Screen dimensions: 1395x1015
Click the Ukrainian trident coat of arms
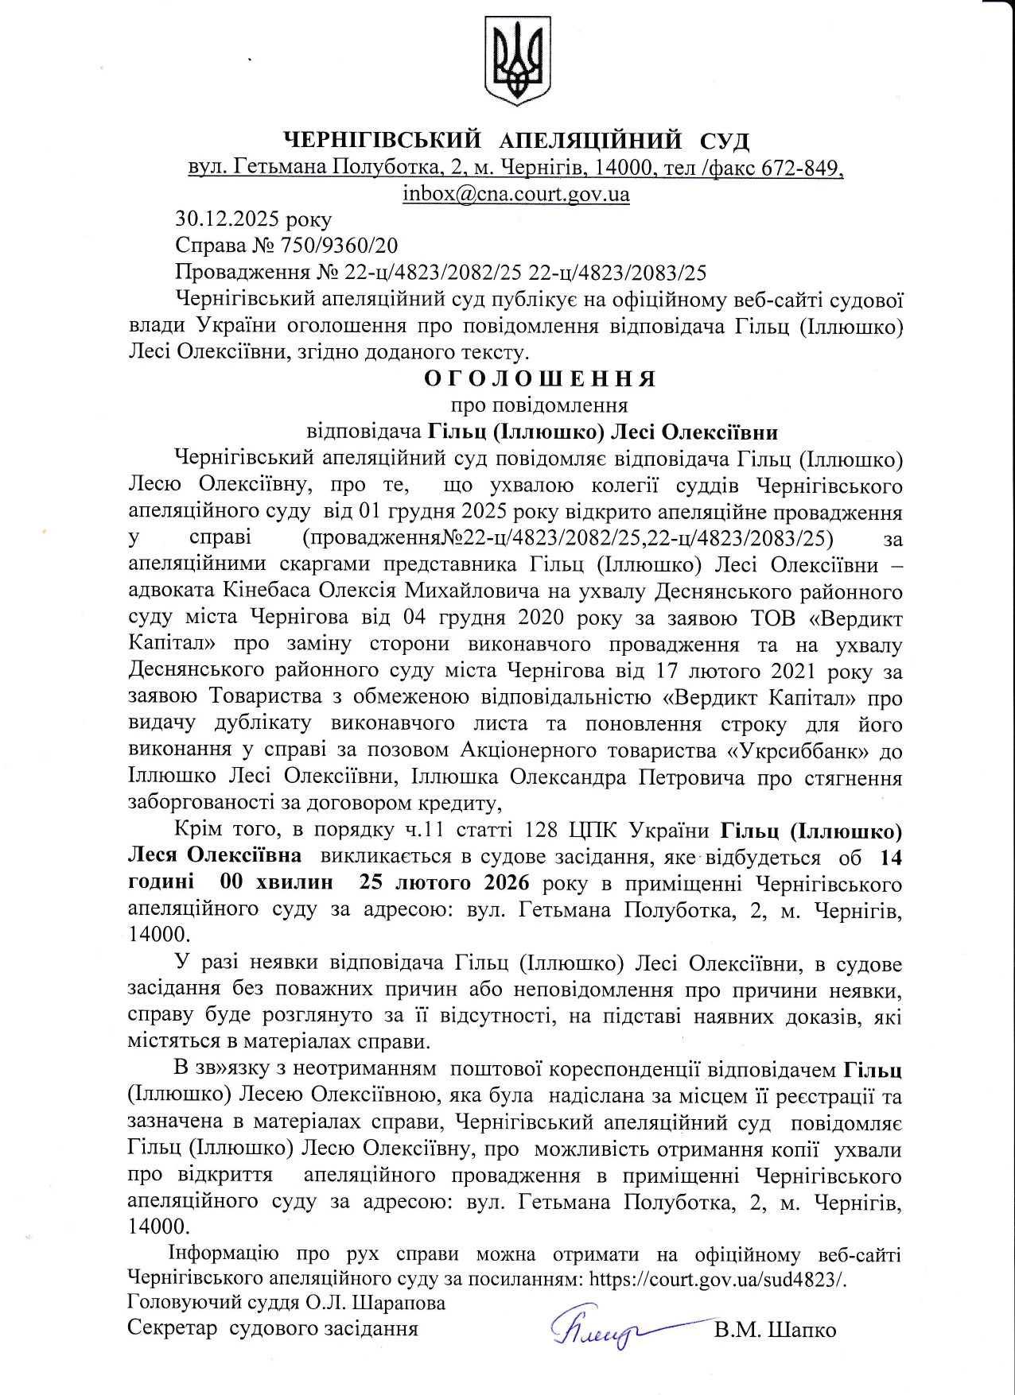pos(517,61)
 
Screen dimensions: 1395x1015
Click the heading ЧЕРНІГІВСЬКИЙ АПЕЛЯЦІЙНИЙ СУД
pos(517,141)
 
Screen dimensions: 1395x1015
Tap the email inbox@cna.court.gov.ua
pos(516,194)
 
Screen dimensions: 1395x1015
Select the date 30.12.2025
pos(217,219)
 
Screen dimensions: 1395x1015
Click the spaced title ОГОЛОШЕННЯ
pos(540,378)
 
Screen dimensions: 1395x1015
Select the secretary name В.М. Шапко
pos(775,1330)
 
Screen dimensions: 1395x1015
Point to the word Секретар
pos(172,1329)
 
